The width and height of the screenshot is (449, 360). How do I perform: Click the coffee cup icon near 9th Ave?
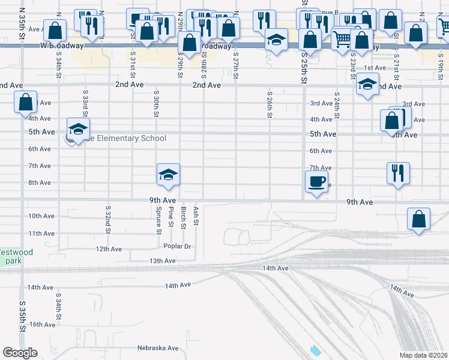coord(316,180)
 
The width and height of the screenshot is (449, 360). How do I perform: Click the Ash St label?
coord(196,218)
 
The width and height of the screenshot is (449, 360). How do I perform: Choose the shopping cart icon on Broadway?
coord(342,39)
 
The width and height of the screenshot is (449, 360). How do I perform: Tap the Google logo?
coord(20,353)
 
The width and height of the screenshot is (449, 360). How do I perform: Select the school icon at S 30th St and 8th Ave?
coord(169,174)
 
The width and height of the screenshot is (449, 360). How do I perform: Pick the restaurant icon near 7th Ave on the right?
coord(398,173)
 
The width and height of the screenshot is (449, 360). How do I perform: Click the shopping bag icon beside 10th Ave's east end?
coord(419,219)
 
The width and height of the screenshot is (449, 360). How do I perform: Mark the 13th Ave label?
coord(162,261)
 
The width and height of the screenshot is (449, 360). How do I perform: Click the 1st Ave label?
coord(375,68)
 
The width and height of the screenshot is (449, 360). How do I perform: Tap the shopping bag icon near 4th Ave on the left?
coord(26,103)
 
